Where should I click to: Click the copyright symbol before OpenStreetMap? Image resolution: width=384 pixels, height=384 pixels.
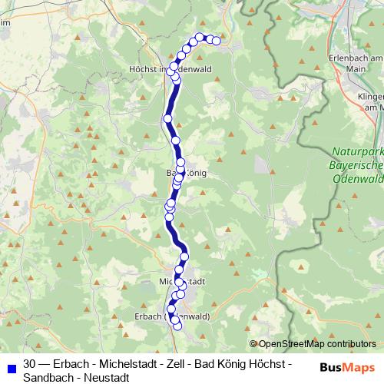(x=254, y=344)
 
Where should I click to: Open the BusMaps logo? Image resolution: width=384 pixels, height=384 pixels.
(x=348, y=367)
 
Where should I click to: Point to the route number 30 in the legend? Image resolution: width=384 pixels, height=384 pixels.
(x=30, y=362)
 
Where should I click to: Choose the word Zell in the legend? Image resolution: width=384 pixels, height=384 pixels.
(x=177, y=362)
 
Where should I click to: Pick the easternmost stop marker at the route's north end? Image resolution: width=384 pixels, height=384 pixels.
(x=217, y=41)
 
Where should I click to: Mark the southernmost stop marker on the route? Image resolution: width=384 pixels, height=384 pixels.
(x=177, y=326)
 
